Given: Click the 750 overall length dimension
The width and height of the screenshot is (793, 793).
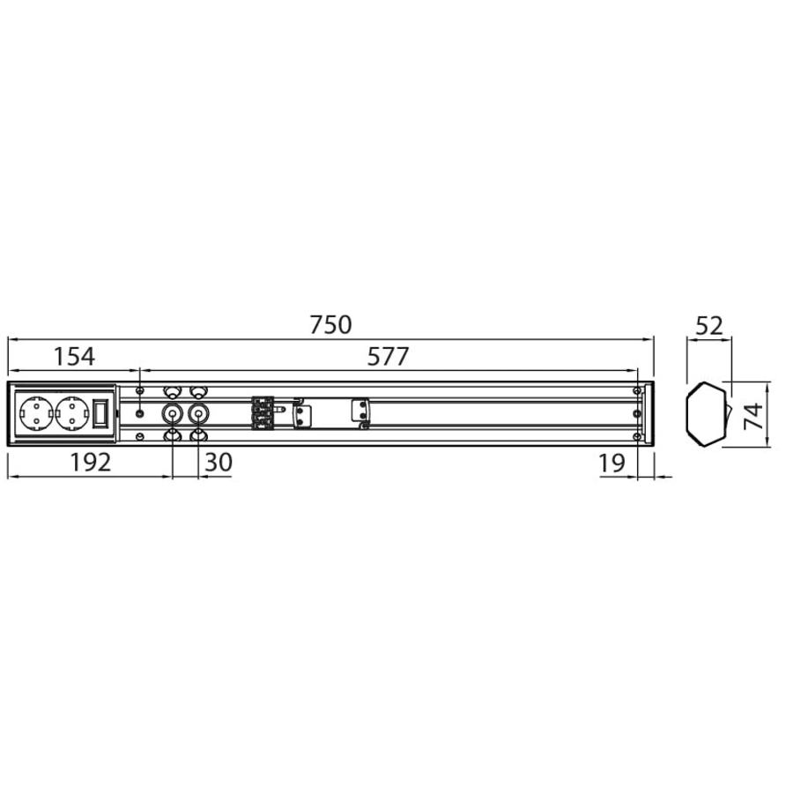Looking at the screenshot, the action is click(x=330, y=325).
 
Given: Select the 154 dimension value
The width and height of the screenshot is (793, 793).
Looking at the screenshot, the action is click(x=74, y=357).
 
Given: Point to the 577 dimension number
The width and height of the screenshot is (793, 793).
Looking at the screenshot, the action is click(x=388, y=357).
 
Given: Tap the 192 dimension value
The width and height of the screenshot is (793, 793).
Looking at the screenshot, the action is click(x=90, y=463).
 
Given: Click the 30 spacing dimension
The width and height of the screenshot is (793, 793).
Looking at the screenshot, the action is click(x=219, y=463).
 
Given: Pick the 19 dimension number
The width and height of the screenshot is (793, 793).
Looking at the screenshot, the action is click(x=612, y=463).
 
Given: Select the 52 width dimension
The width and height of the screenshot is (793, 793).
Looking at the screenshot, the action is click(x=709, y=326).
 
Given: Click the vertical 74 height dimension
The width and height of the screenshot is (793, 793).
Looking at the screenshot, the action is click(x=754, y=415).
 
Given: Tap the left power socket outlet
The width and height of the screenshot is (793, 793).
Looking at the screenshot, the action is click(x=36, y=414).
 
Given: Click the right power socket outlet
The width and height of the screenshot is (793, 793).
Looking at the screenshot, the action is click(x=72, y=414).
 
